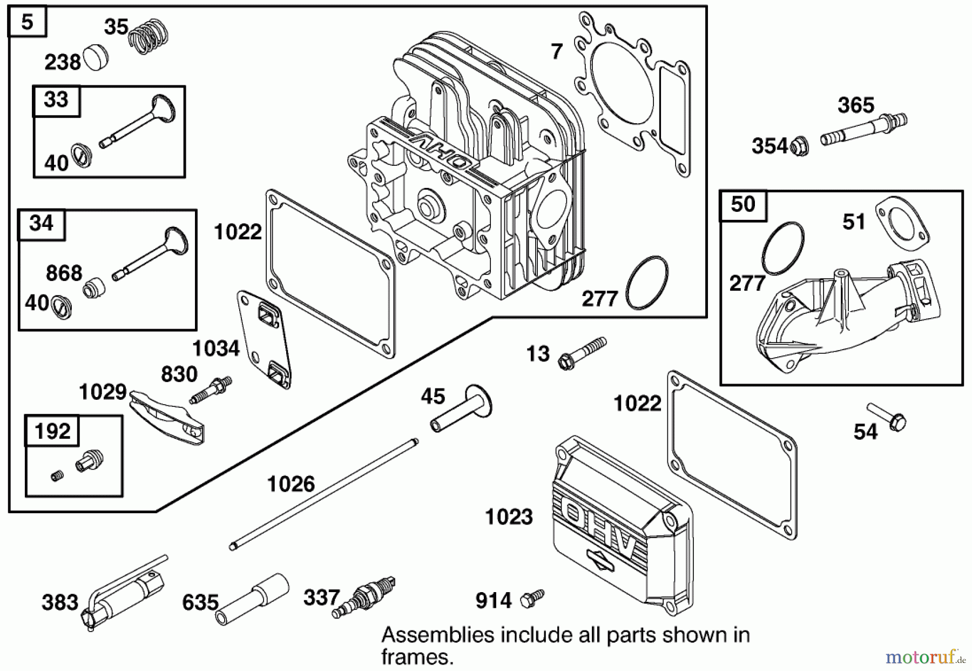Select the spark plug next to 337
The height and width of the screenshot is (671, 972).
[x=365, y=598]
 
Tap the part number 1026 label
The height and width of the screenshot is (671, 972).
[x=291, y=484]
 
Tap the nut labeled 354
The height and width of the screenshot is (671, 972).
[x=799, y=146]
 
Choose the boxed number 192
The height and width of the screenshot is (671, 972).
[x=52, y=431]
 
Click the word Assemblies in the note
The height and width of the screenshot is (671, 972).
[x=438, y=635]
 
